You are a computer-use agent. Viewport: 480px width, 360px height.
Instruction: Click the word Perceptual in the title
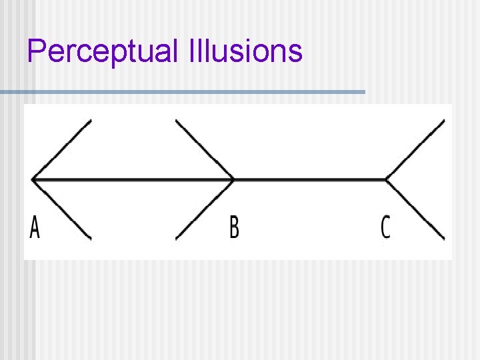(x=100, y=52)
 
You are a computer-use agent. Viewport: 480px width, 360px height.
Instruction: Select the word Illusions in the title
(x=245, y=51)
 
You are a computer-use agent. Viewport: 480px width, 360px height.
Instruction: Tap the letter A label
(x=35, y=227)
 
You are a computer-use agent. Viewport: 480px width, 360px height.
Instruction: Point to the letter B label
(x=234, y=227)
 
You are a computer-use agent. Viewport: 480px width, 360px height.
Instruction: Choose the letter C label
(x=385, y=227)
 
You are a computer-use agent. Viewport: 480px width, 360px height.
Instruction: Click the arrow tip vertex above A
(x=33, y=179)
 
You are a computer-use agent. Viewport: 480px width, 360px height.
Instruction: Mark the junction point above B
(x=234, y=179)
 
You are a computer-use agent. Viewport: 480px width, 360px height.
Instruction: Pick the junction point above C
(x=386, y=179)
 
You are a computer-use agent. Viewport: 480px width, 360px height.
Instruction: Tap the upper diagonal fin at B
(x=204, y=149)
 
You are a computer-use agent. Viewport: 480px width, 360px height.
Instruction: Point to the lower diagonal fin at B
(x=204, y=209)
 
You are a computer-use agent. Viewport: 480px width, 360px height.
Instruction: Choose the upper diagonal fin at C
(x=416, y=149)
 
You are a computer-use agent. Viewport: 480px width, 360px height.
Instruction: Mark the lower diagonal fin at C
(x=416, y=209)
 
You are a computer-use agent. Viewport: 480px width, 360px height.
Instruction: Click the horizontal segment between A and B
(x=133, y=179)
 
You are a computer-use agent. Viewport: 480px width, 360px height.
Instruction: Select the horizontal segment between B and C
(x=310, y=179)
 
